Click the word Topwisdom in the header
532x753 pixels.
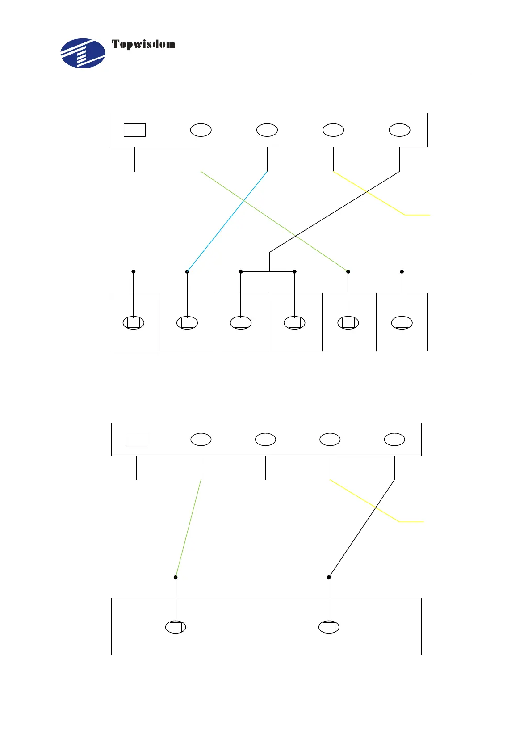[x=143, y=44]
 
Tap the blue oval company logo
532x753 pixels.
[x=83, y=53]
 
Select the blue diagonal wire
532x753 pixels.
[x=227, y=221]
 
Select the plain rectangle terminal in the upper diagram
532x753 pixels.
[x=134, y=130]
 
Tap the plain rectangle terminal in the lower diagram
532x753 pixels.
[x=136, y=439]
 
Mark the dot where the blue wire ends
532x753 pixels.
[x=187, y=271]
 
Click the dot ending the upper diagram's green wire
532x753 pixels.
[x=348, y=271]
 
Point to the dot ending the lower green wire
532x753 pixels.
[x=176, y=577]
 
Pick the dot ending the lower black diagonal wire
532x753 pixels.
[x=329, y=577]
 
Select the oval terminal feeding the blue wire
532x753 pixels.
[x=267, y=130]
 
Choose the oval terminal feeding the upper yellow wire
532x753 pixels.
[x=333, y=130]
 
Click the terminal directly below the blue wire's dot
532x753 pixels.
[x=187, y=322]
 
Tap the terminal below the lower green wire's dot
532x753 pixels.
[x=176, y=627]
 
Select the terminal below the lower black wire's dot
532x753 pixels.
[x=329, y=627]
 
